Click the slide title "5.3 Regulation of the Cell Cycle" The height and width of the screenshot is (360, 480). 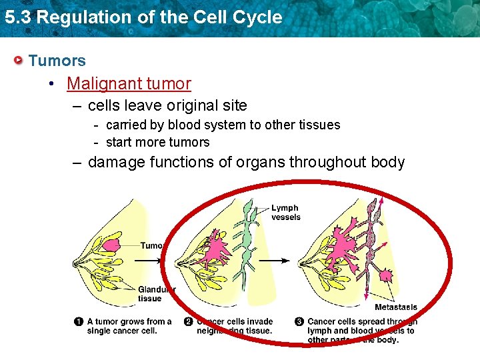coord(143,17)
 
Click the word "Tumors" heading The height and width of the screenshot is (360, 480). coord(57,61)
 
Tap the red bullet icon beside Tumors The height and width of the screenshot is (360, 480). coord(19,61)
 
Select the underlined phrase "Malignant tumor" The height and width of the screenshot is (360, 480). coord(129,83)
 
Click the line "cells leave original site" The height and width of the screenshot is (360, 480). coord(167,105)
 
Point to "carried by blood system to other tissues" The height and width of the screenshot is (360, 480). coord(223,125)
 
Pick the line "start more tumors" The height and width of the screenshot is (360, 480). coord(157,142)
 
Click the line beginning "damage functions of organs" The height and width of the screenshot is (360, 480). coord(246,162)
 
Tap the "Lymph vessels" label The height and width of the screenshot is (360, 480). coord(285,213)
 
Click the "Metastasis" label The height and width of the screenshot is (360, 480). coord(395,307)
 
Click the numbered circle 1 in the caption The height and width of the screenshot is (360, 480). coord(79,322)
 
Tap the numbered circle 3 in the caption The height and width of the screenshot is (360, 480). coord(299,322)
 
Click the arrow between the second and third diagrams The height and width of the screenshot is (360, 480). coord(283,261)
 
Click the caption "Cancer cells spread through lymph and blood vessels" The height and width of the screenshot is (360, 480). coord(360,331)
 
